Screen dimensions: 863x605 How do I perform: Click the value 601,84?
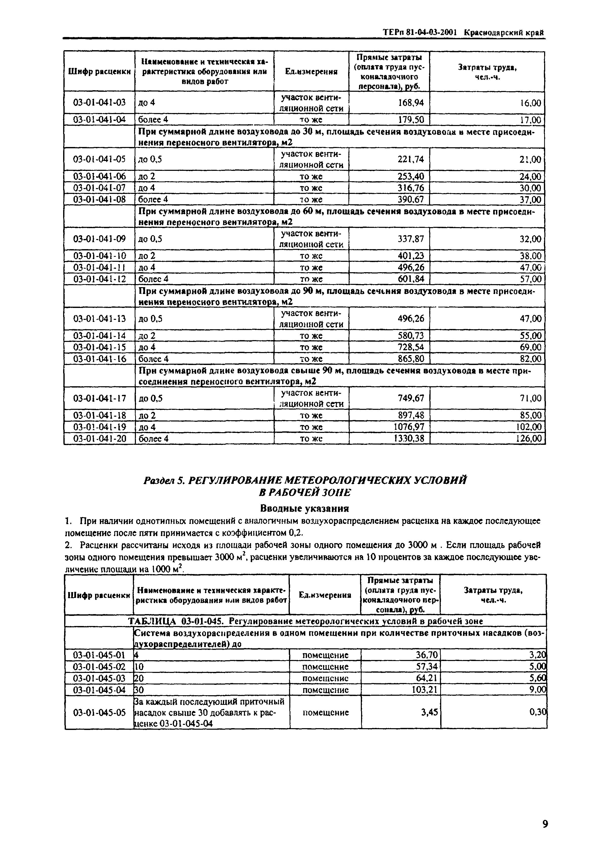pos(411,279)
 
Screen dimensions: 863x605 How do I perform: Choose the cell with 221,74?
pos(411,159)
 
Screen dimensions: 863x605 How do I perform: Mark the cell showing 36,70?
pos(427,655)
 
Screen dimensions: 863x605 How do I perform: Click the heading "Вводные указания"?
pos(305,509)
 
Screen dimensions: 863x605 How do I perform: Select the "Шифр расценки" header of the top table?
pos(99,71)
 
